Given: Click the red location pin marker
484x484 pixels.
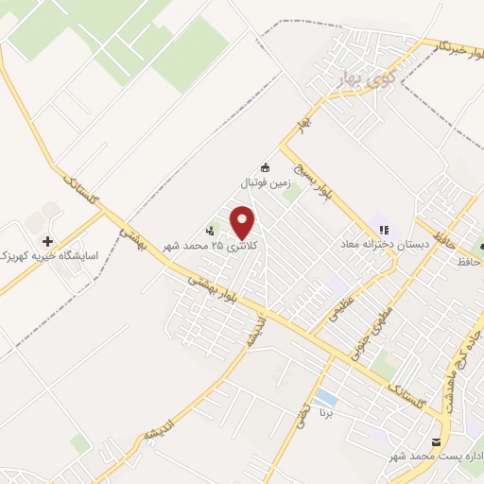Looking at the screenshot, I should (x=244, y=223).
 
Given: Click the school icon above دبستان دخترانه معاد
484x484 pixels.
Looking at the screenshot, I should (x=384, y=229).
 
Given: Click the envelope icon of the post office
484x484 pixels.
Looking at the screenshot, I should (x=436, y=442).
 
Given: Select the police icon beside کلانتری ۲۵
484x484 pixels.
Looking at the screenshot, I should (x=210, y=230).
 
